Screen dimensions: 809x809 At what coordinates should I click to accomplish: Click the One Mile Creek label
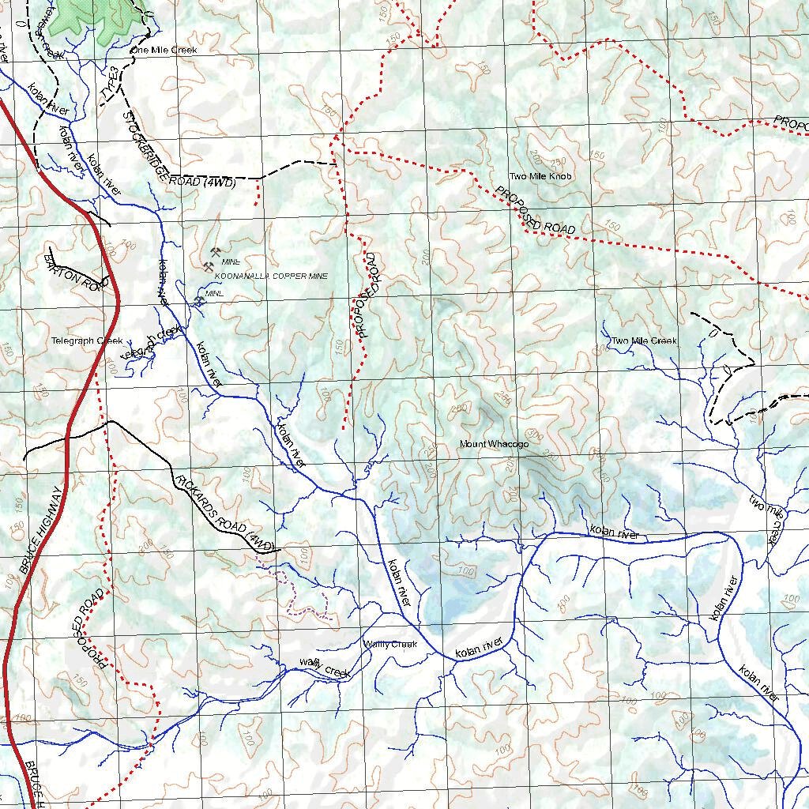pyautogui.click(x=164, y=50)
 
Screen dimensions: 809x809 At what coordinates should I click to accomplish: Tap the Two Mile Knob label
pyautogui.click(x=540, y=177)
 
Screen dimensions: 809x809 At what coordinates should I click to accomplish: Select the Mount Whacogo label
pyautogui.click(x=494, y=445)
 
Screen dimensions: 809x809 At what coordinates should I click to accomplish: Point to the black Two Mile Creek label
pyautogui.click(x=644, y=341)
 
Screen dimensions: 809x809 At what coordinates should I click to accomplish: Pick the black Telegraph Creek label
pyautogui.click(x=87, y=341)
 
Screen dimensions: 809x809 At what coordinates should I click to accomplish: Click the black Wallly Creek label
pyautogui.click(x=389, y=645)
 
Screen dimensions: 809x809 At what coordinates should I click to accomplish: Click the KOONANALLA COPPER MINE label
pyautogui.click(x=271, y=276)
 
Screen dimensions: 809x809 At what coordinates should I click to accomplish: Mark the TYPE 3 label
pyautogui.click(x=111, y=85)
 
